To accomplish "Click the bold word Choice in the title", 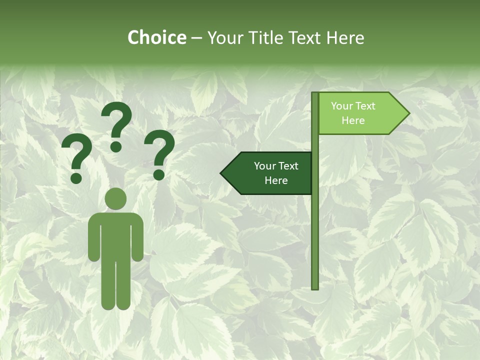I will pyautogui.click(x=156, y=37).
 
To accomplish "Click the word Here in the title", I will pyautogui.click(x=345, y=37).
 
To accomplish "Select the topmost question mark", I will pyautogui.click(x=116, y=125).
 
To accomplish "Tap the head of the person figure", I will pyautogui.click(x=116, y=198).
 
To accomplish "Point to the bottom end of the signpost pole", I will pyautogui.click(x=315, y=287).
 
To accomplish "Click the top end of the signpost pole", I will pyautogui.click(x=315, y=94).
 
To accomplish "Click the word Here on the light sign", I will pyautogui.click(x=353, y=120).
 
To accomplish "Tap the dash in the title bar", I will pyautogui.click(x=196, y=38).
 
